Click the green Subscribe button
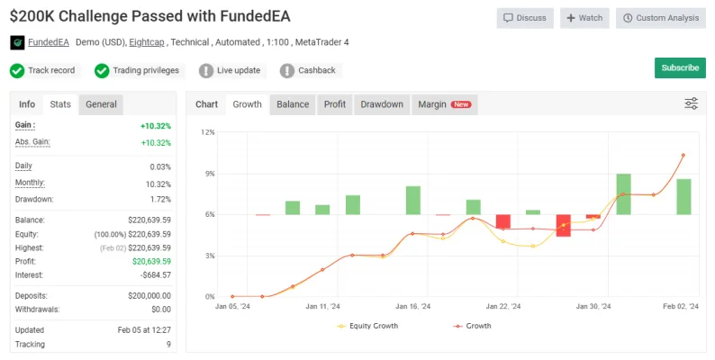coord(680,67)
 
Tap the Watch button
coord(584,18)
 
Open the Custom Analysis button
coord(661,18)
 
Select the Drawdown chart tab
coord(382,104)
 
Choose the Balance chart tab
coord(293,104)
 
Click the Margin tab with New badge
coord(445,104)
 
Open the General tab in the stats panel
coord(101,104)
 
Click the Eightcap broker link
coord(147,42)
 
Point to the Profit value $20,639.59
coord(152,262)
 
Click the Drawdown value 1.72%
coord(160,200)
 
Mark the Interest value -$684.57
coord(156,275)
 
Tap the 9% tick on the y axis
coord(210,174)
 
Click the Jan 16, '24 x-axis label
coord(412,306)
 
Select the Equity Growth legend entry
coord(367,326)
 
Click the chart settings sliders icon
coord(692,103)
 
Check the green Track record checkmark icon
coord(17,70)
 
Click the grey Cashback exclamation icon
coord(287,70)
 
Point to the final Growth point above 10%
coord(683,156)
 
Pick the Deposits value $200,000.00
coord(149,296)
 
